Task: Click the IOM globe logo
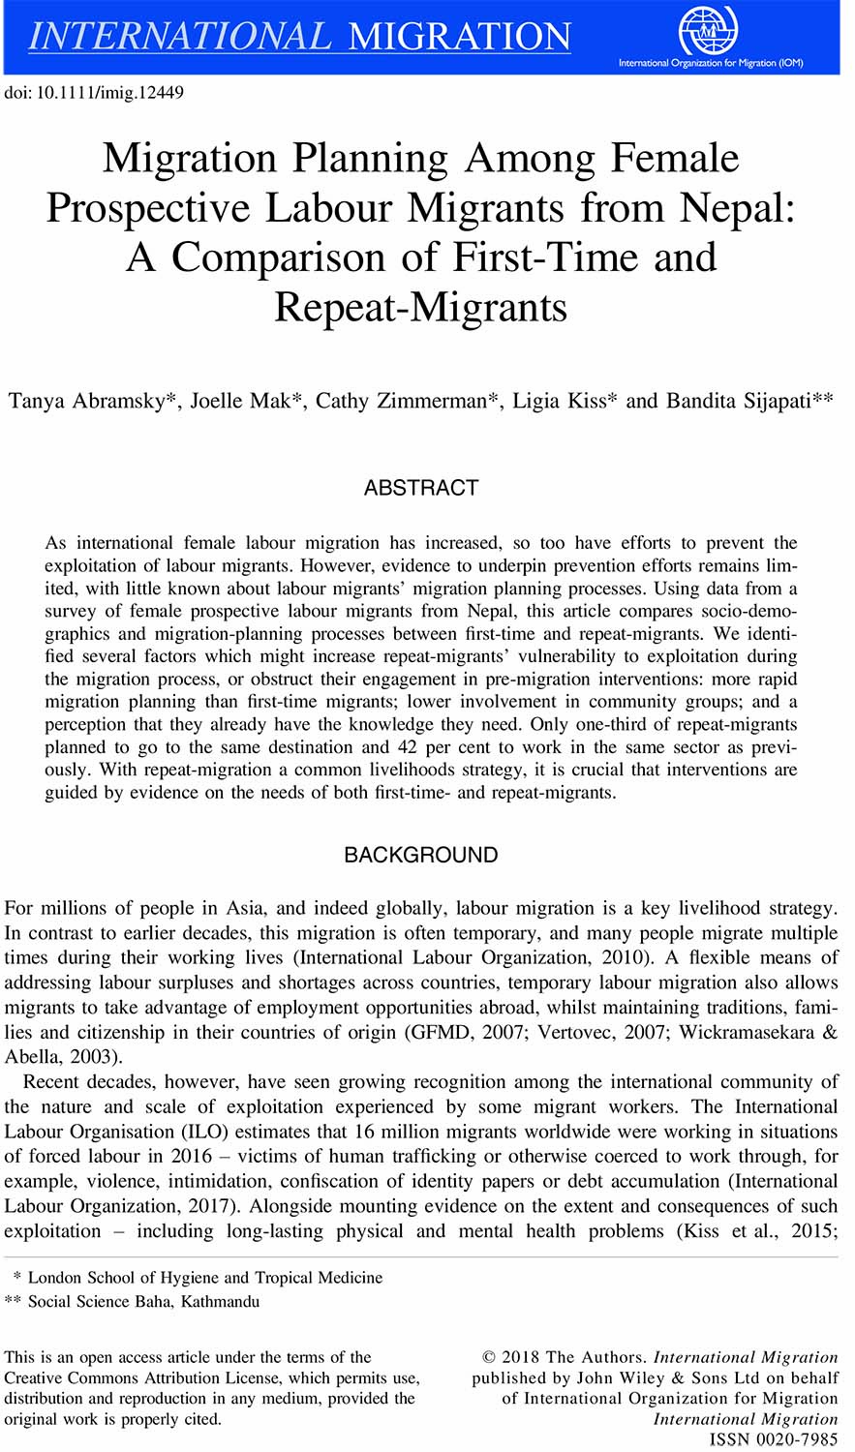708,30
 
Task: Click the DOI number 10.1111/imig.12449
109,93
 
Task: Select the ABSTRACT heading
421,488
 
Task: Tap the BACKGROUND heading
421,855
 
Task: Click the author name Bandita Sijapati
739,401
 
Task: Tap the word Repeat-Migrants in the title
420,307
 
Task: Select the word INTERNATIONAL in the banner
180,37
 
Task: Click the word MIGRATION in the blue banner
459,37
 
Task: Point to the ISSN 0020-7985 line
774,1439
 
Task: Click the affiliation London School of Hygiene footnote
205,1278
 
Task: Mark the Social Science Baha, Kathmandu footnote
143,1302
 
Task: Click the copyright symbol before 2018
489,1357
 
